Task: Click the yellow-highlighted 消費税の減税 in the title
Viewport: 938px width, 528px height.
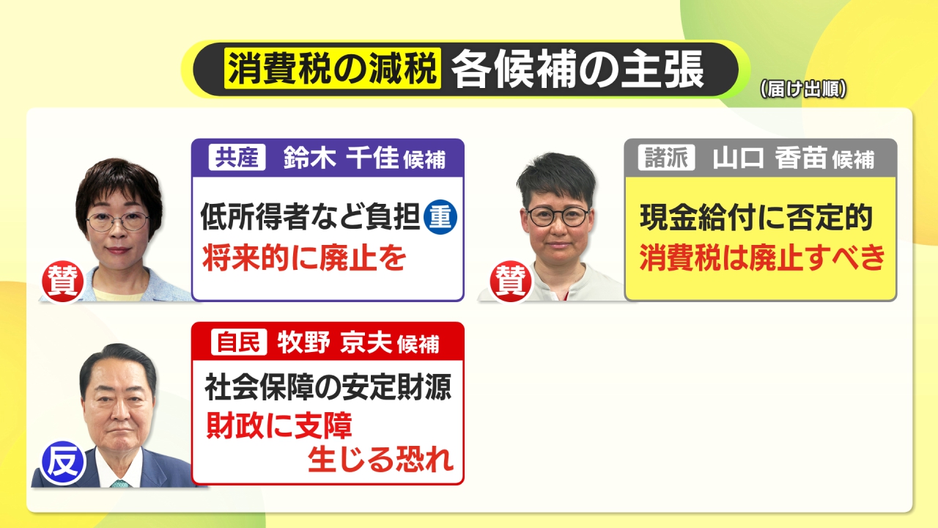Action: [333, 68]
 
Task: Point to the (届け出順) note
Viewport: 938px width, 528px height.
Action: [803, 89]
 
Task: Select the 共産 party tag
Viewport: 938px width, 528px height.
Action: [237, 157]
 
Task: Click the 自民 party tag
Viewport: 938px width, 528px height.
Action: [239, 342]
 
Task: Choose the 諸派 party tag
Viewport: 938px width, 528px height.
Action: [666, 158]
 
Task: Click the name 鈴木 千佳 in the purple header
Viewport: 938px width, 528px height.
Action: [341, 158]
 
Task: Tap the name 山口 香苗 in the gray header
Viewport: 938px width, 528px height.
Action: [769, 158]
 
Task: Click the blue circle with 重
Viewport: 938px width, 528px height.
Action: [440, 218]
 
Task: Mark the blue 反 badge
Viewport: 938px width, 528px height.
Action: [63, 463]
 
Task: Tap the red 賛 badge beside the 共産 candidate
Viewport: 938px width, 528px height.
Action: [62, 282]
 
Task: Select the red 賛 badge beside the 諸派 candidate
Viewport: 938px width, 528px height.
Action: [511, 282]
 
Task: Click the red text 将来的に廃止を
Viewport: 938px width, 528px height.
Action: [304, 257]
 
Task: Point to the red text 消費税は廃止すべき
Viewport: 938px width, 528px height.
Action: [762, 257]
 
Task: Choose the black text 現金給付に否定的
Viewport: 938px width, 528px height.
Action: [756, 218]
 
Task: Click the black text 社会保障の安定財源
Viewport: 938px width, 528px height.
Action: [328, 386]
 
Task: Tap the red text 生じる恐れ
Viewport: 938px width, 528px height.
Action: [380, 459]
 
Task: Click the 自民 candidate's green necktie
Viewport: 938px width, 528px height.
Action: [119, 483]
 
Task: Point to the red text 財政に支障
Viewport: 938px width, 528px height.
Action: [279, 425]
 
